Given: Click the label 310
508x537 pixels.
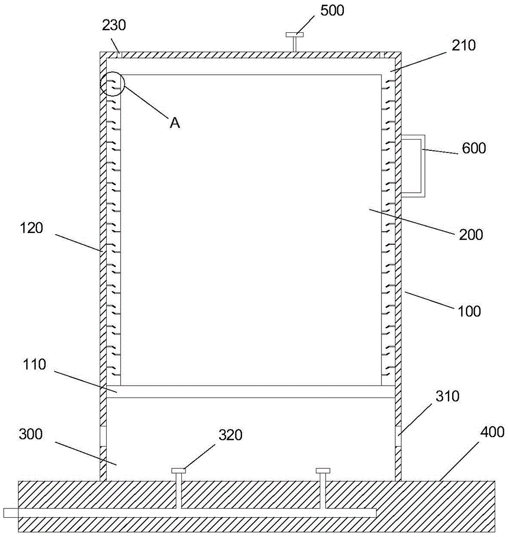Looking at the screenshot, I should (447, 396).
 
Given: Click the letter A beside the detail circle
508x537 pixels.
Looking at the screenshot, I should (174, 123).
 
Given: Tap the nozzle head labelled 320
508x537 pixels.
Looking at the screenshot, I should (179, 471).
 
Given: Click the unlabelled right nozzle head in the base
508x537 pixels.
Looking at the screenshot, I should (323, 471).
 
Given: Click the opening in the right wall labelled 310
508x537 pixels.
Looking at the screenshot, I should (399, 436).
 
